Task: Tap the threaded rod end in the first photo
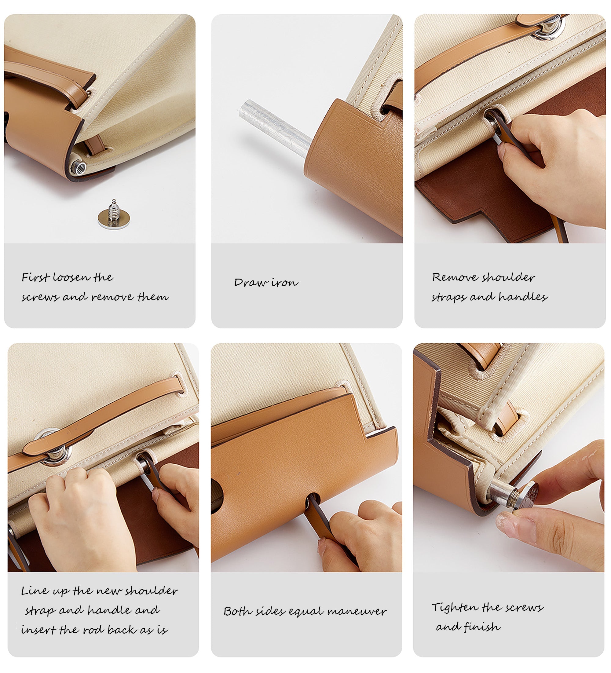coord(79,165)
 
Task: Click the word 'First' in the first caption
coord(36,277)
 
